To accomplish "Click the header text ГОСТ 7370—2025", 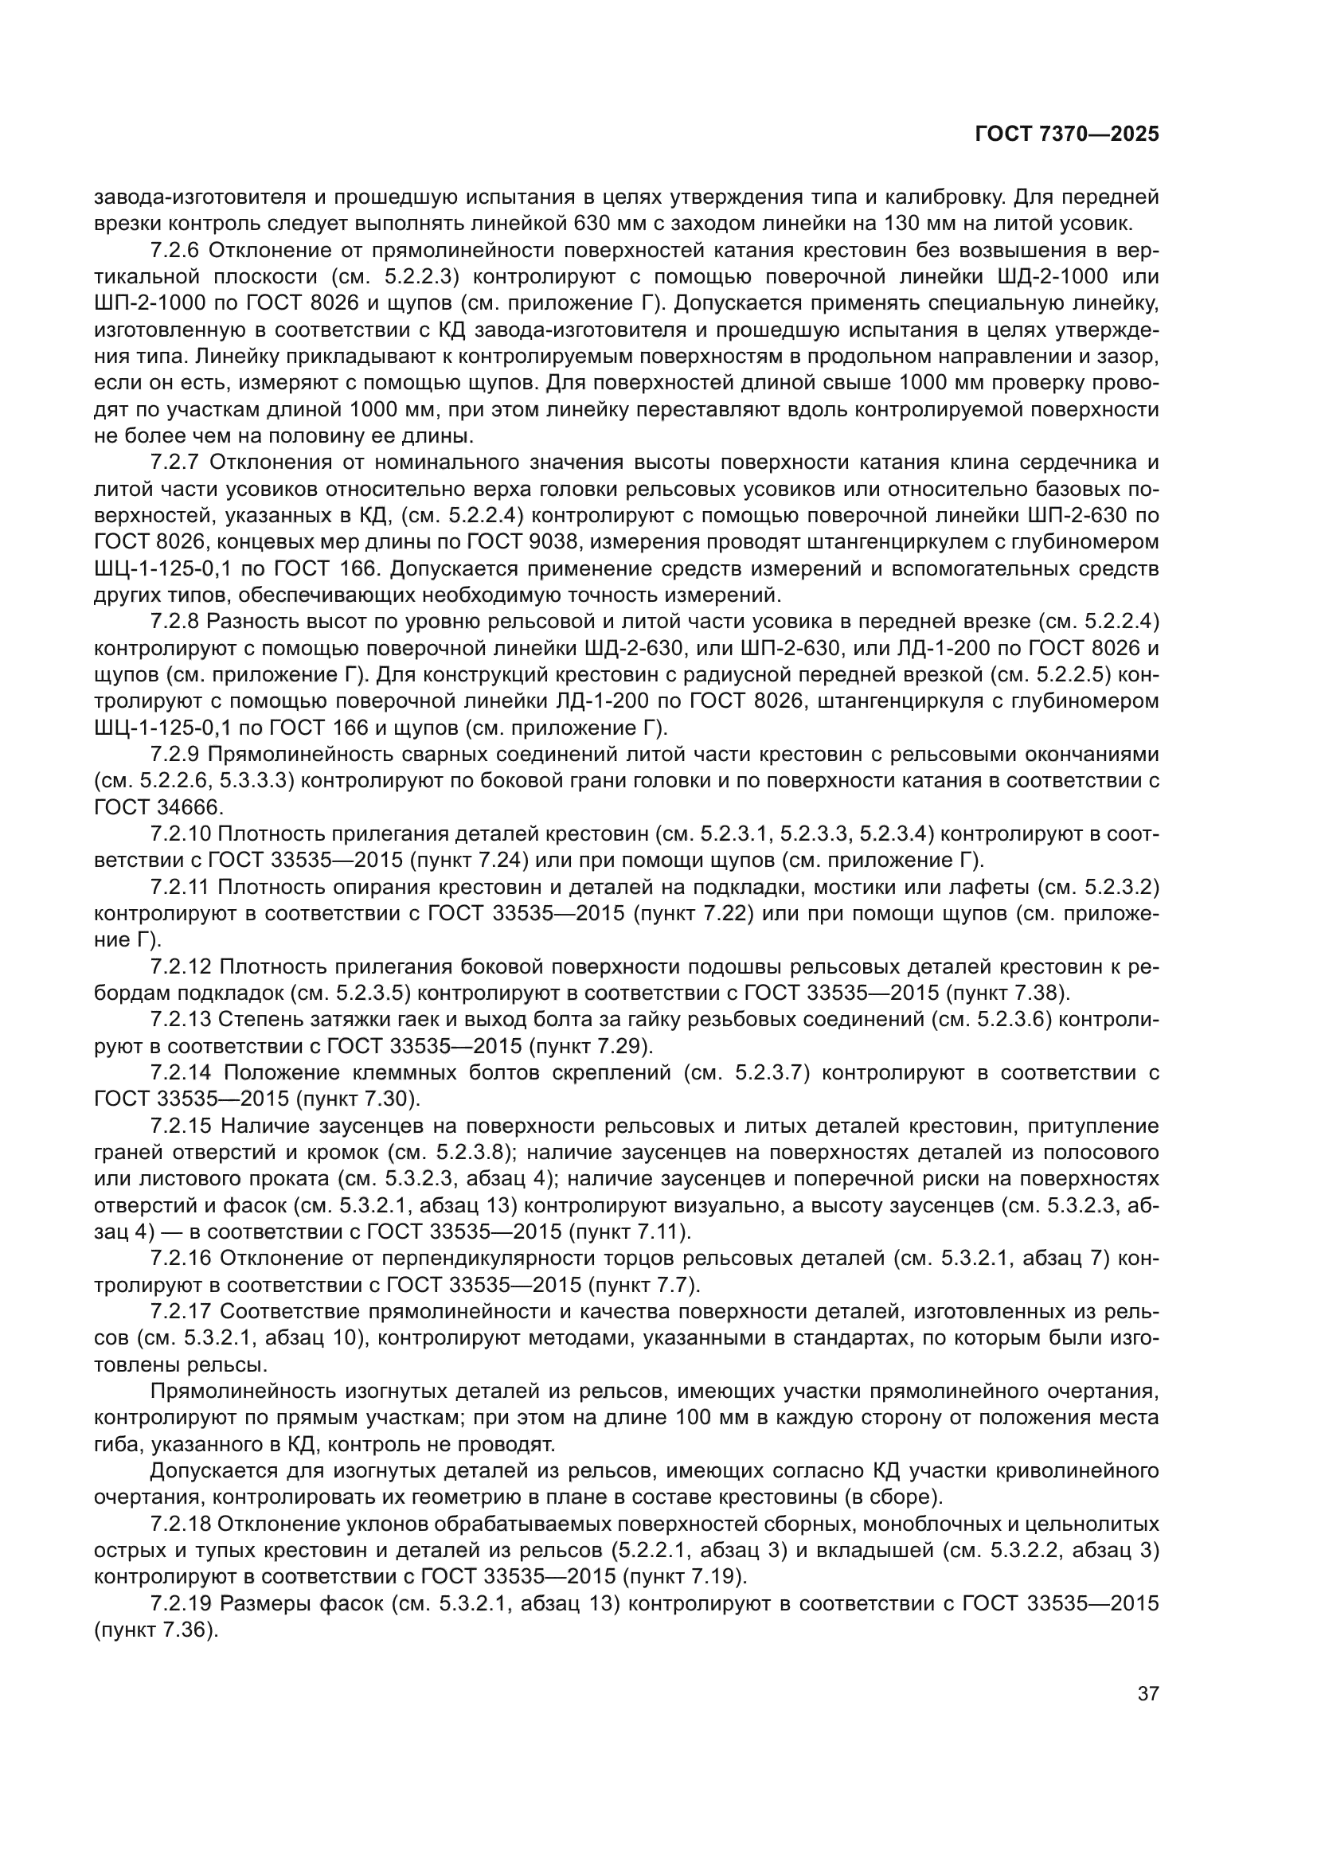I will click(1066, 135).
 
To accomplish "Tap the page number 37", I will click(1148, 1693).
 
